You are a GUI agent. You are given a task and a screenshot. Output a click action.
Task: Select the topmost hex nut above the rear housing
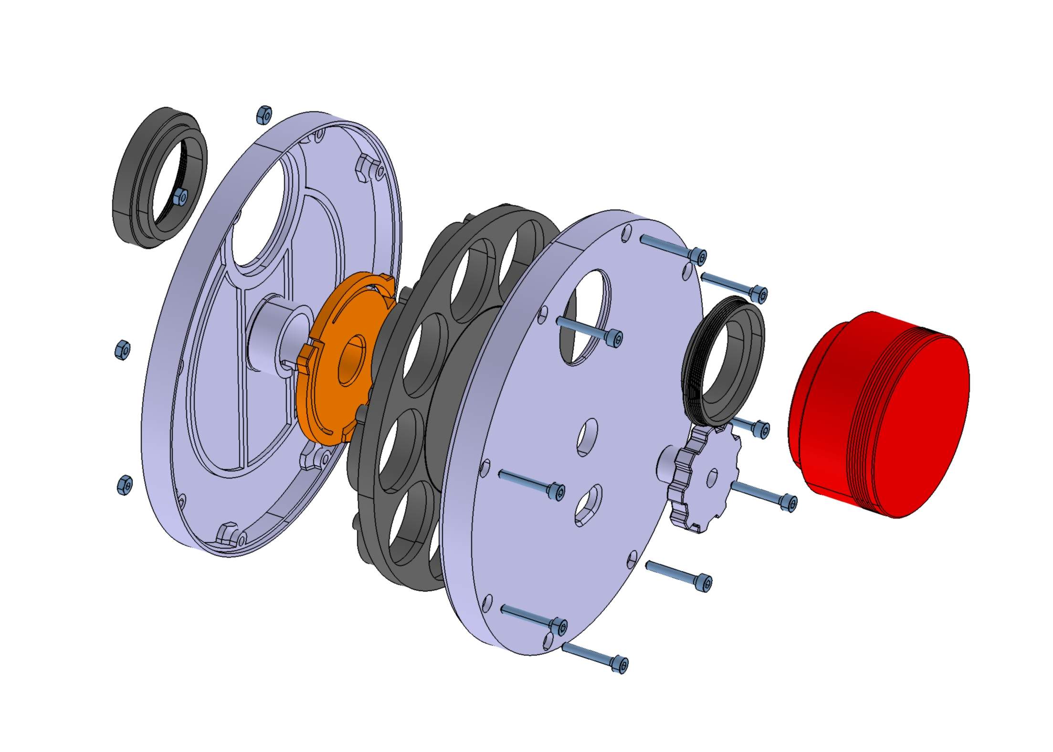pyautogui.click(x=264, y=115)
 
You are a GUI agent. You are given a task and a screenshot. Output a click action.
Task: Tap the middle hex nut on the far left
pyautogui.click(x=123, y=349)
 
